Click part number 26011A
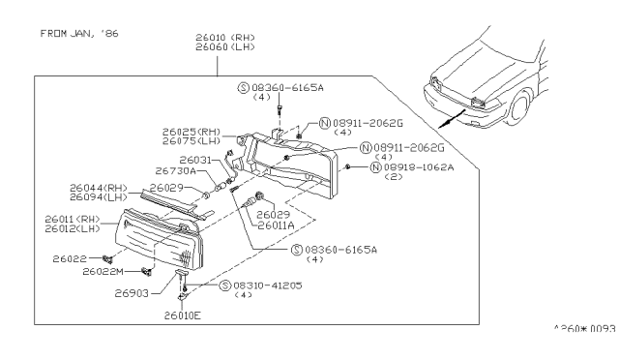[276, 225]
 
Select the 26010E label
[184, 315]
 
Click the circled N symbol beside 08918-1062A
[374, 167]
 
